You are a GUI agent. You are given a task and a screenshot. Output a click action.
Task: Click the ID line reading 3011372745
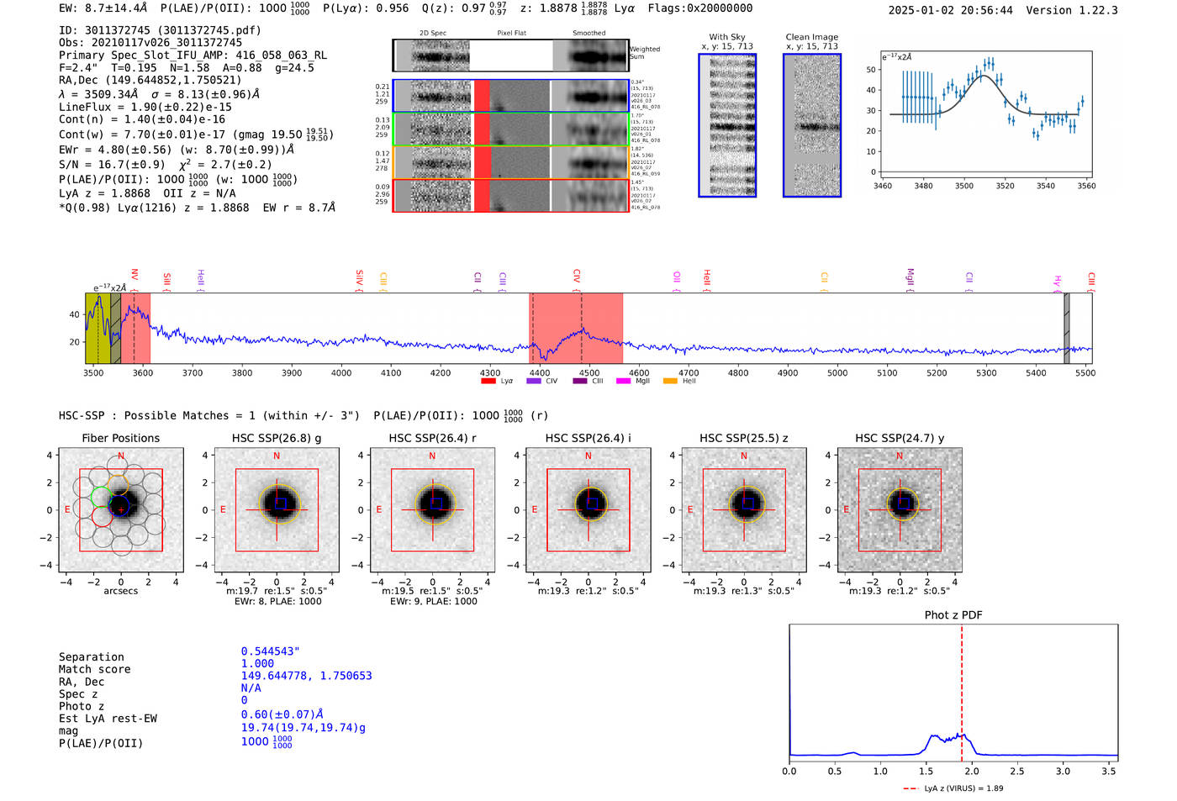pos(160,30)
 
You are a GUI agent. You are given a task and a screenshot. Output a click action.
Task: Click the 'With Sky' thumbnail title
pos(726,37)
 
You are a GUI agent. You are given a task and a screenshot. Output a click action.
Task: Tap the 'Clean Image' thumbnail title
pos(811,37)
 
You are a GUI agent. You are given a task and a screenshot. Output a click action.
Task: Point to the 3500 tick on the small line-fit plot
pos(963,186)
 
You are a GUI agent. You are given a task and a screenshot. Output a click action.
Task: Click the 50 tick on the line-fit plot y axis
pos(871,70)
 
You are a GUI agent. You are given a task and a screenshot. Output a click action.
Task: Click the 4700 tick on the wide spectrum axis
pos(689,373)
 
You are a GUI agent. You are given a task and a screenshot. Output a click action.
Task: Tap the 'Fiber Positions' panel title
pos(120,438)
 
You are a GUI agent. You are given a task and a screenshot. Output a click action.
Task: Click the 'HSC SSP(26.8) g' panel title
pos(277,438)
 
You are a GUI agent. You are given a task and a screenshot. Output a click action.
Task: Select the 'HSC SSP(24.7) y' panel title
pos(900,438)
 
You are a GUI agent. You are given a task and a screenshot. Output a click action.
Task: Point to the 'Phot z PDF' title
pos(953,615)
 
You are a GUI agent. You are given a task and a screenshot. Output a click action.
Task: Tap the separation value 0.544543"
pos(270,651)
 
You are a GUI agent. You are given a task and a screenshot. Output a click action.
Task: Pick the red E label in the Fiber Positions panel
pos(68,510)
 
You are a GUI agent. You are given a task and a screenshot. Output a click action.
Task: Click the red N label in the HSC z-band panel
pos(744,456)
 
